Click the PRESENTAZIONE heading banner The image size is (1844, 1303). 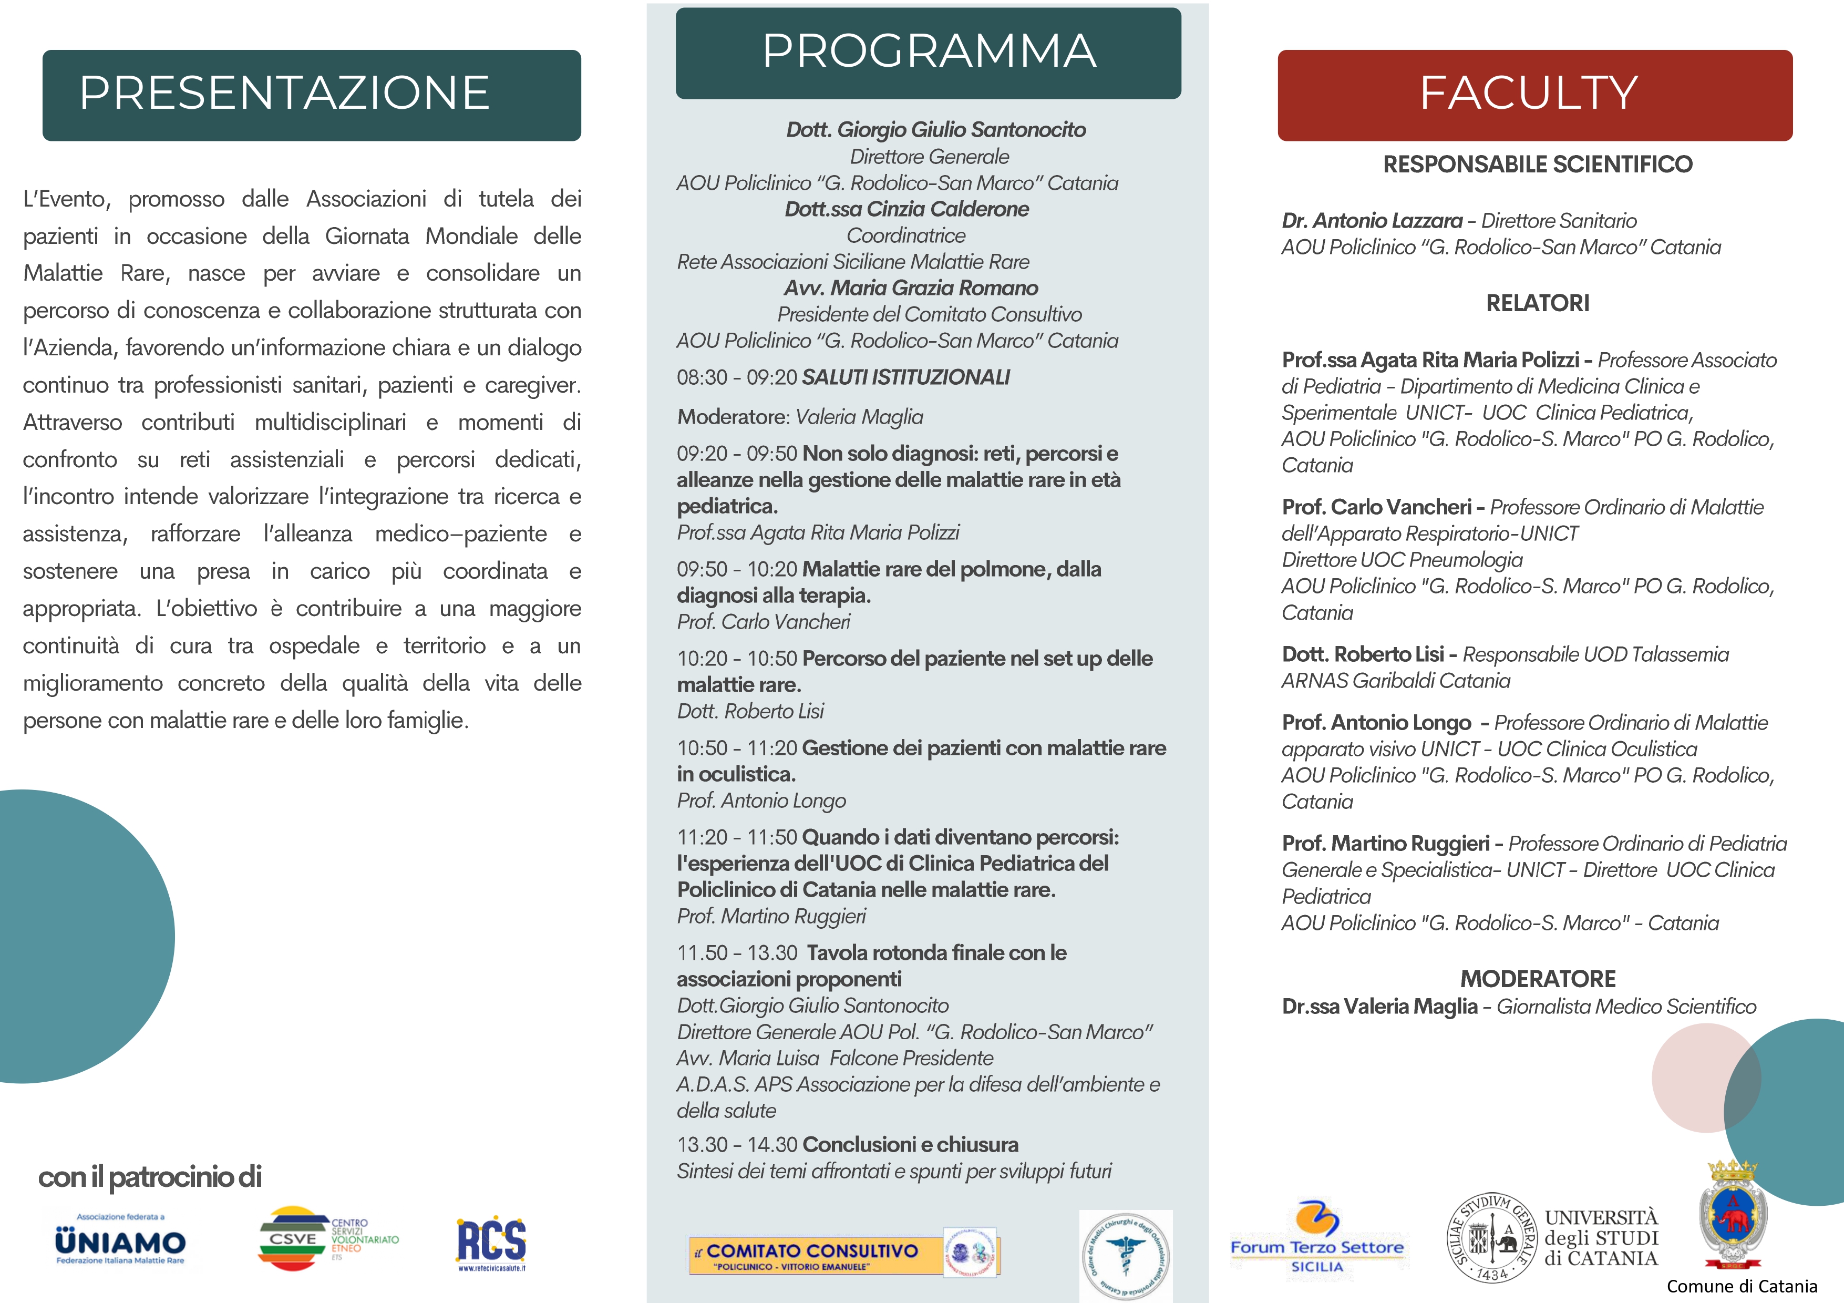click(312, 95)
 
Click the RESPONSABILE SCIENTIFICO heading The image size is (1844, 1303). click(1537, 165)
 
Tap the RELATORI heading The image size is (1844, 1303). click(1537, 304)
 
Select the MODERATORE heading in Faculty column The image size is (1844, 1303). click(1537, 979)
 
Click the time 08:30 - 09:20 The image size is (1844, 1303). click(736, 377)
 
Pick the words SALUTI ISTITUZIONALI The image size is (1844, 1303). click(906, 377)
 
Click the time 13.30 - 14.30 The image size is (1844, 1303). click(736, 1145)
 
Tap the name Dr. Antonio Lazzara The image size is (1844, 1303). click(1372, 221)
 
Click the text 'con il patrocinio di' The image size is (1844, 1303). click(150, 1177)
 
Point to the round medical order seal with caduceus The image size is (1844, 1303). click(1125, 1256)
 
